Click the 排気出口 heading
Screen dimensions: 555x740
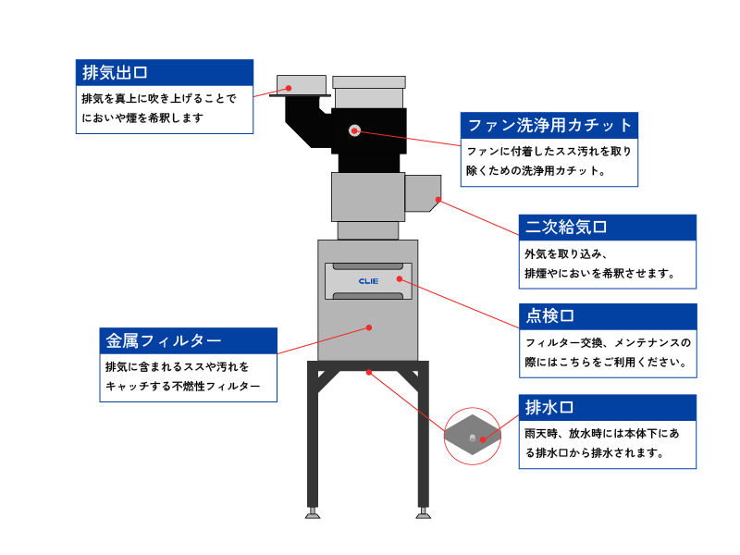116,72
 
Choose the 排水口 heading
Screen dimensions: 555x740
549,407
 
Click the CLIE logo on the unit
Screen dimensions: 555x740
368,280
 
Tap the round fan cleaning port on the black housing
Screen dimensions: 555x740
354,130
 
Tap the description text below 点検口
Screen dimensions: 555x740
607,352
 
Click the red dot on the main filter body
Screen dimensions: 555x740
368,327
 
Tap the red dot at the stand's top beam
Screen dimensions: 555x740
368,372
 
